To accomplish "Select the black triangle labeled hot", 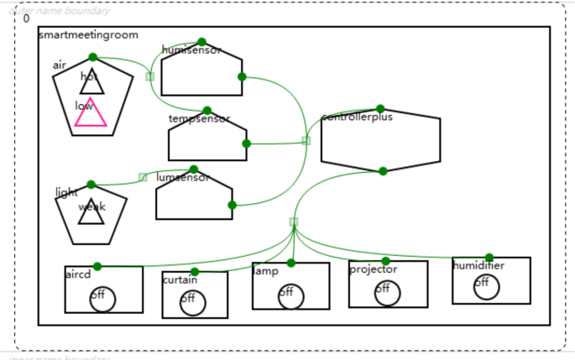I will point(92,83).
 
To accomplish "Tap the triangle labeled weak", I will point(91,213).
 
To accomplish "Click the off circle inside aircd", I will point(102,298).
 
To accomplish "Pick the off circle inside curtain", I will point(192,301).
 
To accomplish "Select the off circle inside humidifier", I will point(486,286).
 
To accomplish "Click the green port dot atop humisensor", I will point(201,42).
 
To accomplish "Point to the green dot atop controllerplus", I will point(380,109).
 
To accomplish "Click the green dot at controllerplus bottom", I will point(383,171).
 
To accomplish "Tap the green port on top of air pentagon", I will point(92,57).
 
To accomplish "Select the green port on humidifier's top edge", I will point(489,258).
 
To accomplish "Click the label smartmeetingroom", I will point(88,34).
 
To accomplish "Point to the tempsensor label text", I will point(199,119).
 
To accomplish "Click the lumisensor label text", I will point(183,178).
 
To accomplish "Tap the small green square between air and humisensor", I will point(149,76).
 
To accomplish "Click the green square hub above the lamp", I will point(293,222).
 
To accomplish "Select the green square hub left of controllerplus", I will point(306,141).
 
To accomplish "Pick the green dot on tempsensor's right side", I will point(246,143).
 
